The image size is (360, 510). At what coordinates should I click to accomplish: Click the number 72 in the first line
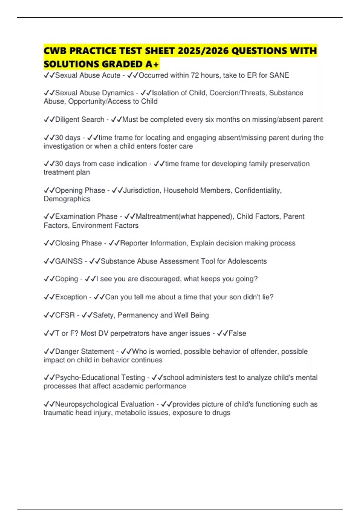click(x=195, y=75)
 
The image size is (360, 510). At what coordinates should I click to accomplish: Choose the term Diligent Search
click(x=79, y=120)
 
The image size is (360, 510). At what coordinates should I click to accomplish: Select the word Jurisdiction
click(x=141, y=190)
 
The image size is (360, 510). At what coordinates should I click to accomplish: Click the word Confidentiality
click(x=258, y=190)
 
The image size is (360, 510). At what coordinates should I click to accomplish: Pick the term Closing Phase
click(x=78, y=243)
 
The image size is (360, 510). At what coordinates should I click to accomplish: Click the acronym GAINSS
click(x=69, y=261)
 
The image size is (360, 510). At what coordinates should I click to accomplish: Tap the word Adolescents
click(x=247, y=261)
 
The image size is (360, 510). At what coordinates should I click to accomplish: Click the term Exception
click(x=71, y=297)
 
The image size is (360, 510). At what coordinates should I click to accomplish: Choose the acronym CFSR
click(x=65, y=315)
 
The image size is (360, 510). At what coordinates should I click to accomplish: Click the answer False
click(x=237, y=333)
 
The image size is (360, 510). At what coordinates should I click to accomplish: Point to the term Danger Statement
click(x=84, y=352)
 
